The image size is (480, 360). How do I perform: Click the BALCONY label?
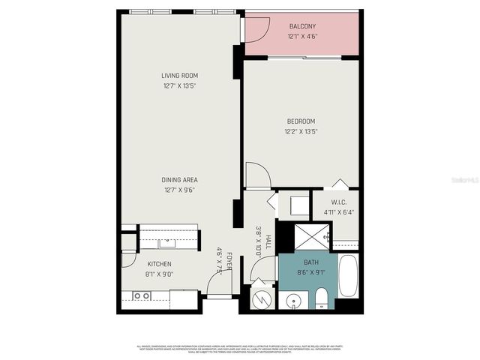tap(303, 27)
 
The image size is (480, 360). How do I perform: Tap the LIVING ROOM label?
tap(180, 75)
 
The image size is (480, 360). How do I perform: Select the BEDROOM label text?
tap(300, 121)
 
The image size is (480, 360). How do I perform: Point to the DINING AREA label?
tap(180, 180)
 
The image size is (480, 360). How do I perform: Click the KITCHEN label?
tap(159, 264)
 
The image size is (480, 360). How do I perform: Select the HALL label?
tap(268, 241)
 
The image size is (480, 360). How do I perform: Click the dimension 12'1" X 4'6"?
tap(303, 37)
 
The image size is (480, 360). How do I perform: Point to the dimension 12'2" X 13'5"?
tap(300, 132)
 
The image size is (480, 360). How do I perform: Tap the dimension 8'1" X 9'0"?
tap(159, 274)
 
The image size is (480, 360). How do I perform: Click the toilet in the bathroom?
tap(320, 298)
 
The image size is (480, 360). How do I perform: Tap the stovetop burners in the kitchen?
tap(140, 297)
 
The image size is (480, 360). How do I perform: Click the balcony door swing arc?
tap(257, 28)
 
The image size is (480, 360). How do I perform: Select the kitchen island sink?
tap(166, 241)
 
